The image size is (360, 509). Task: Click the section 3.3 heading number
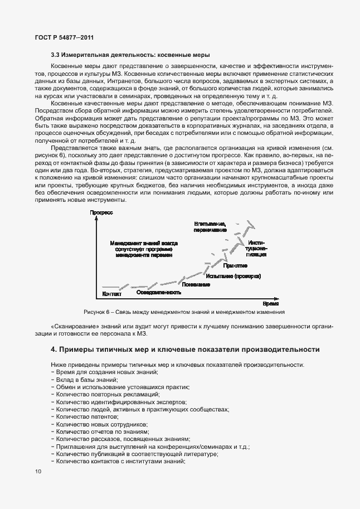click(55, 55)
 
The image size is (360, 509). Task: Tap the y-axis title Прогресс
click(101, 212)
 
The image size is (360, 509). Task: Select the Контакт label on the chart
click(112, 294)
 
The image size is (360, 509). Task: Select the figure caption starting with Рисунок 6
click(184, 312)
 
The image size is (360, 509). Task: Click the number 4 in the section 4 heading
click(53, 350)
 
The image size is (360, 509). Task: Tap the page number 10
click(37, 472)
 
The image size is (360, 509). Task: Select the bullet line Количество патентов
click(86, 416)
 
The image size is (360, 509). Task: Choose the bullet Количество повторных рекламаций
click(101, 394)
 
